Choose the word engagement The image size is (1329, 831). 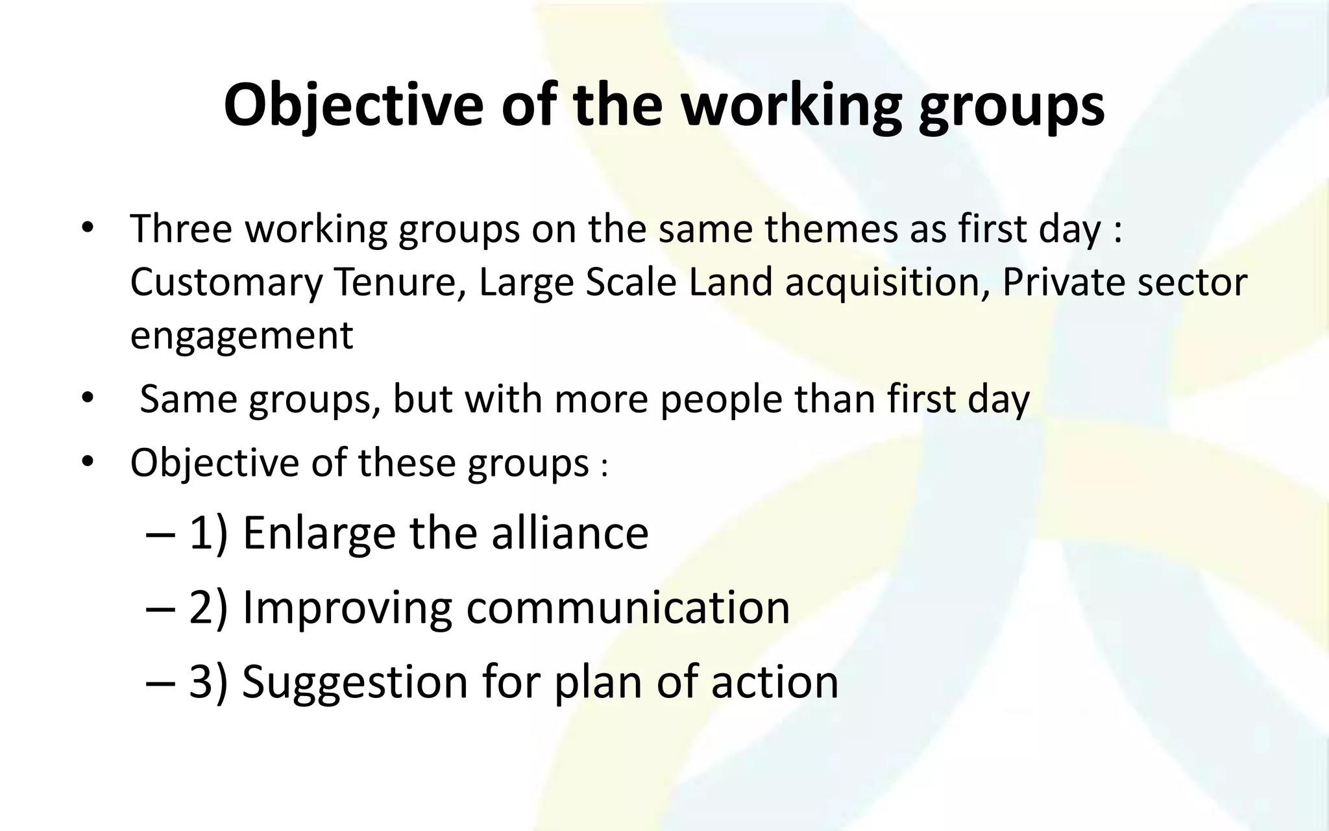[x=241, y=336]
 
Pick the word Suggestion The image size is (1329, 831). [x=354, y=682]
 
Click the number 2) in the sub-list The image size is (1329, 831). [x=208, y=608]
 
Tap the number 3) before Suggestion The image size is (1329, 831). [x=208, y=682]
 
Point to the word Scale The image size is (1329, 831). [x=631, y=282]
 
